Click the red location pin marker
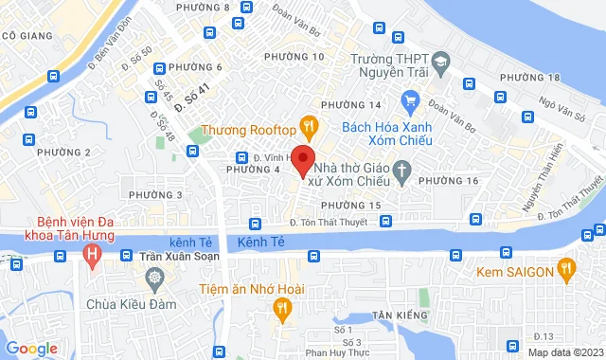coord(302,159)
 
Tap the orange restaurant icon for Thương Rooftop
coord(307,125)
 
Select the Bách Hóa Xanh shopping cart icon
coord(410,99)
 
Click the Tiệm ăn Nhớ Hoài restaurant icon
coord(281,307)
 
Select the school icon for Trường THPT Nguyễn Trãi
coord(439,64)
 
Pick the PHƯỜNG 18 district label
coord(529,77)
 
